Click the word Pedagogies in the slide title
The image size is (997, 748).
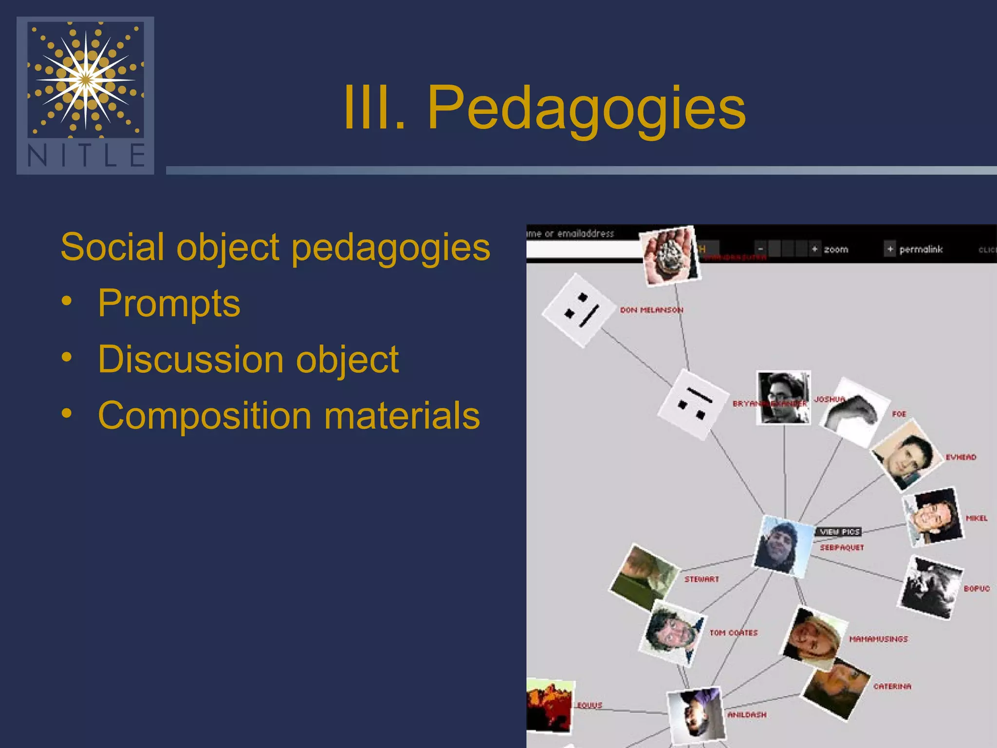pos(586,108)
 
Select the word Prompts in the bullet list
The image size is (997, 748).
pos(169,303)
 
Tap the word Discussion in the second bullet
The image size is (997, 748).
pos(191,359)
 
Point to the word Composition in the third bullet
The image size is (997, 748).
pos(204,415)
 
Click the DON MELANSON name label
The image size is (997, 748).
pos(651,310)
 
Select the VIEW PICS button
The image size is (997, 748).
pos(839,532)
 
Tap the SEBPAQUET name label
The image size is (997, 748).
pos(842,548)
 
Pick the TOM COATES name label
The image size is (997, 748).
pos(733,633)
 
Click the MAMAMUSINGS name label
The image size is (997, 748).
pos(878,639)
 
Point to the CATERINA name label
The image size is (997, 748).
pos(892,687)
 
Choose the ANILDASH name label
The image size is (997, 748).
pos(747,715)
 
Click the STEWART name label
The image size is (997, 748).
pos(702,580)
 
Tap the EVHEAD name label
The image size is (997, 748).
pos(960,457)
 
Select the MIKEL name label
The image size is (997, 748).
pos(977,518)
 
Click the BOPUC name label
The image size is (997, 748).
pos(977,589)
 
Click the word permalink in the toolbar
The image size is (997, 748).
pos(921,249)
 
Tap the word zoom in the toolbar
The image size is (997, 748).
pos(836,249)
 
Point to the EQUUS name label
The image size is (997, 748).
pos(590,705)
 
